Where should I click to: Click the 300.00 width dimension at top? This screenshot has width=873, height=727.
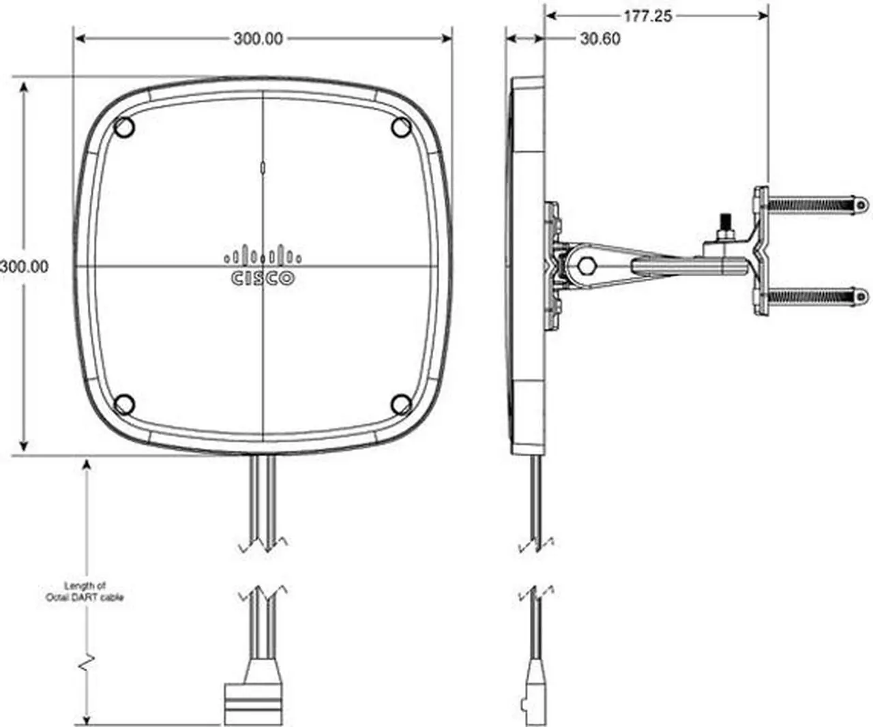pos(258,39)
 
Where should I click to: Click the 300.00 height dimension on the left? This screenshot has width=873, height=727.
pos(25,267)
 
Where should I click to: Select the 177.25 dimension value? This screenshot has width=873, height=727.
pos(647,16)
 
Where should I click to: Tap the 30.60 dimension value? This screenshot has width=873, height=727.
pos(600,39)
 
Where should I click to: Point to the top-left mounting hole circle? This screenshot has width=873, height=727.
pos(124,128)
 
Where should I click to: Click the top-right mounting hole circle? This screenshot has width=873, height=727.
pos(401,127)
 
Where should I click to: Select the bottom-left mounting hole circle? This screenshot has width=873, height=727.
pos(123,404)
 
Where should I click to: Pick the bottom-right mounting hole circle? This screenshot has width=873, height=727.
pos(401,404)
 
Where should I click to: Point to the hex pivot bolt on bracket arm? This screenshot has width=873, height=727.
pos(585,265)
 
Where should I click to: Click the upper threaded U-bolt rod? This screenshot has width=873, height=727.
pos(812,203)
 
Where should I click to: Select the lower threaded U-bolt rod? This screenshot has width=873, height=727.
pos(812,297)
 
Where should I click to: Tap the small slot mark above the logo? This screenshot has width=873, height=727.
pos(263,166)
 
